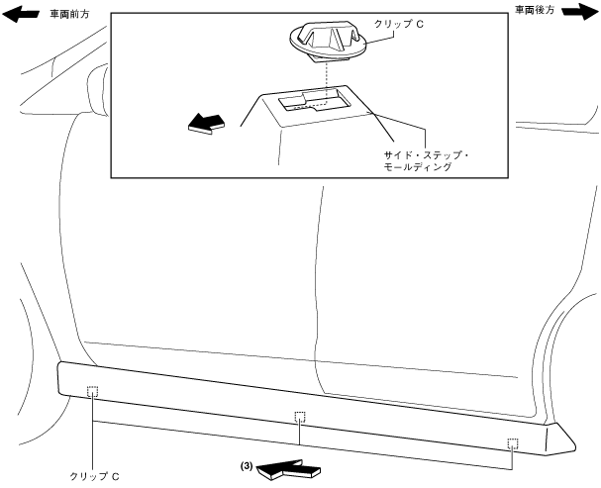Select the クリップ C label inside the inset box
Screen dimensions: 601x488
[399, 22]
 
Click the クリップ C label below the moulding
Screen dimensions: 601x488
[94, 475]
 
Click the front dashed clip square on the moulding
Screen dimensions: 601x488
[91, 391]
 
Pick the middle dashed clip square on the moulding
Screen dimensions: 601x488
[300, 417]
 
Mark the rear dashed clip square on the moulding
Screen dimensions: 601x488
[512, 442]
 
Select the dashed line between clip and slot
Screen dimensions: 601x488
[324, 79]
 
